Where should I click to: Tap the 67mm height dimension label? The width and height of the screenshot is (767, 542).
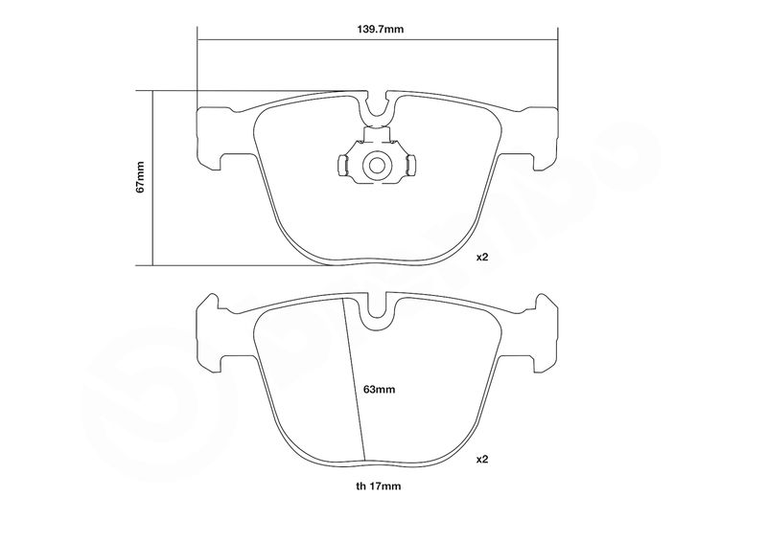[141, 176]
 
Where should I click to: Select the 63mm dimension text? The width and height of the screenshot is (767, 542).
[379, 390]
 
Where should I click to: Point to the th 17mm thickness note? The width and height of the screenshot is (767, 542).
[378, 486]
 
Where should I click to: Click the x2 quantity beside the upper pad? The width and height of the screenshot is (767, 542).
[482, 257]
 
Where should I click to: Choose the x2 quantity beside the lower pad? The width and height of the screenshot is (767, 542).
[482, 460]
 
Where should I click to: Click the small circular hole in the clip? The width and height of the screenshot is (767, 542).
[376, 166]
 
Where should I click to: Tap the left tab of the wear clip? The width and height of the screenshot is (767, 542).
[343, 166]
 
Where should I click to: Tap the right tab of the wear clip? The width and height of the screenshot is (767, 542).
[410, 166]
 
